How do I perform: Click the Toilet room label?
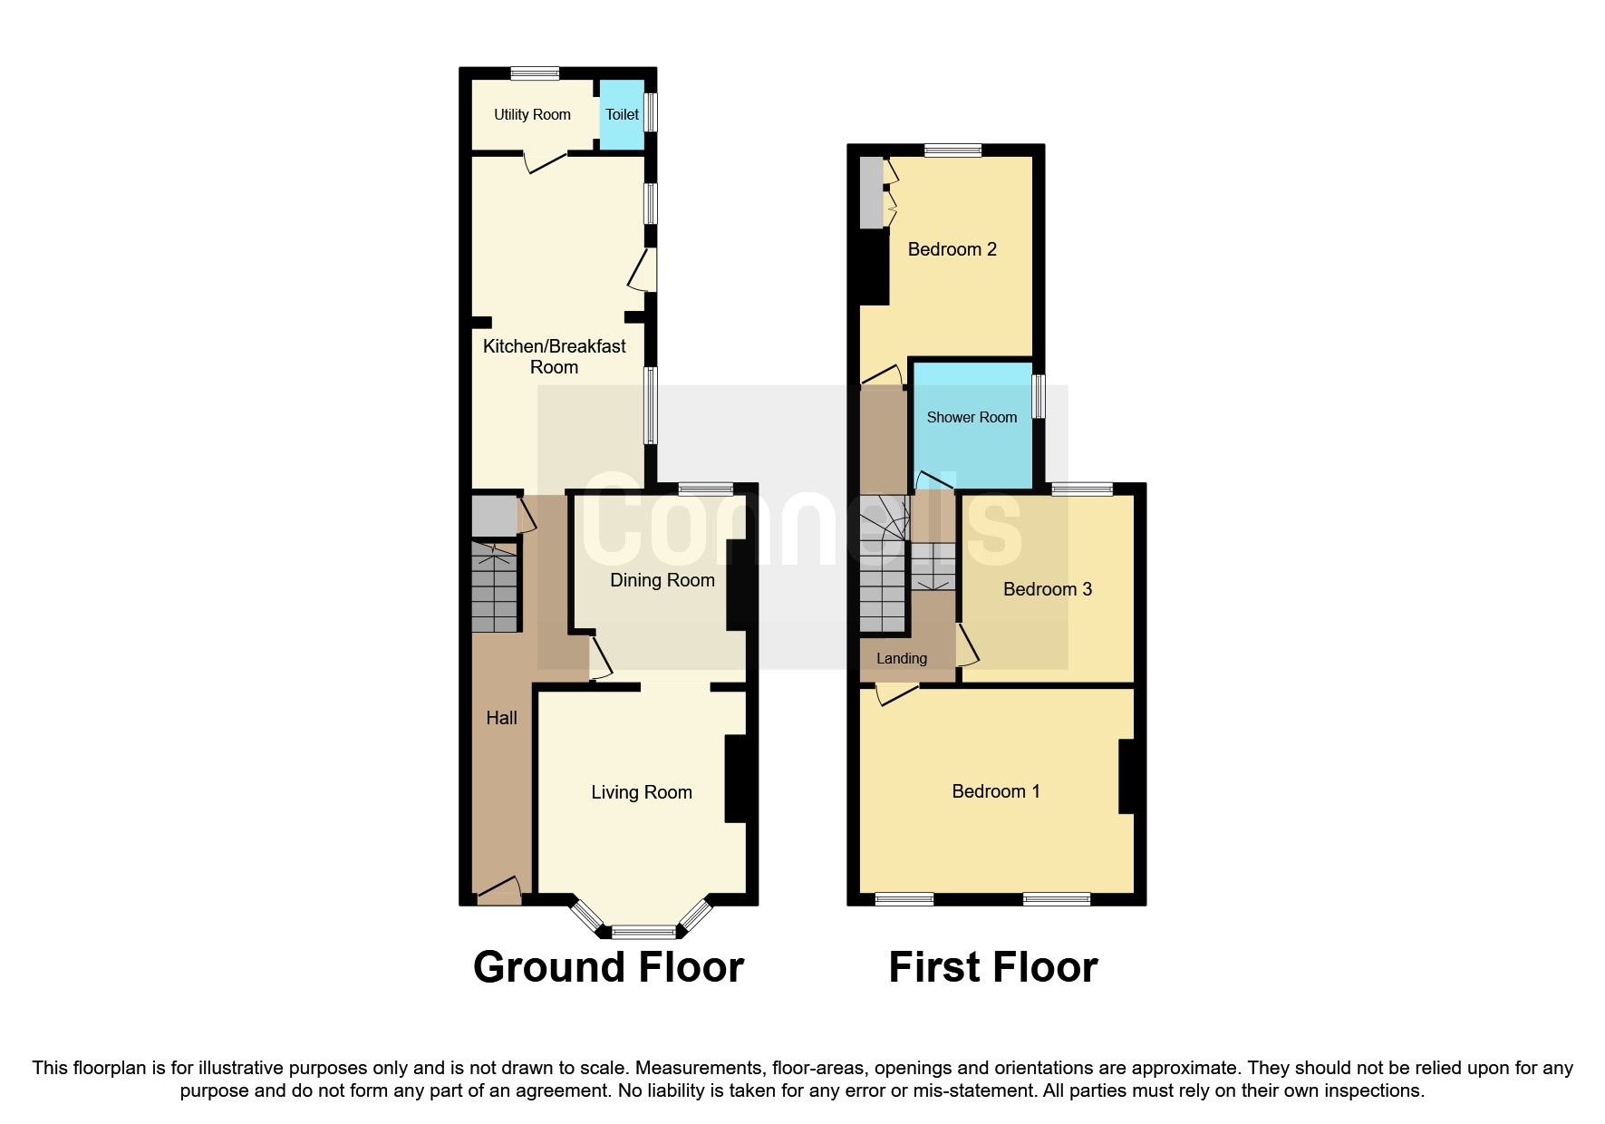click(x=622, y=115)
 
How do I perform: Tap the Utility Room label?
click(x=532, y=115)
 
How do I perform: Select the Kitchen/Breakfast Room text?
click(x=554, y=356)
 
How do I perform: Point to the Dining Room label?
click(x=662, y=580)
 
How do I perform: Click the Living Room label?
click(x=642, y=793)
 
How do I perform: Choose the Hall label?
click(x=501, y=718)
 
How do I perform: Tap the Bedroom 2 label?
click(x=952, y=249)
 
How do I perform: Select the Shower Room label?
click(x=972, y=418)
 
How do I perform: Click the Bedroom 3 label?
click(x=1048, y=589)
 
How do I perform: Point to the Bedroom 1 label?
click(x=995, y=791)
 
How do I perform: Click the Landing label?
click(x=901, y=659)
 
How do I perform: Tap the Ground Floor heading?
click(x=608, y=967)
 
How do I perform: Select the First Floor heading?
click(x=992, y=967)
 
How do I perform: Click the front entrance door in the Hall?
click(x=498, y=891)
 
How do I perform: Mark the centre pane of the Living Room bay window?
click(x=643, y=931)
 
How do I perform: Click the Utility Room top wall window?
click(x=534, y=74)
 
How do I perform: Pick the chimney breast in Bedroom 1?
click(x=1126, y=777)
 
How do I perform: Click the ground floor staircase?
click(x=495, y=586)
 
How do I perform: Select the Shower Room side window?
click(x=1039, y=397)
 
